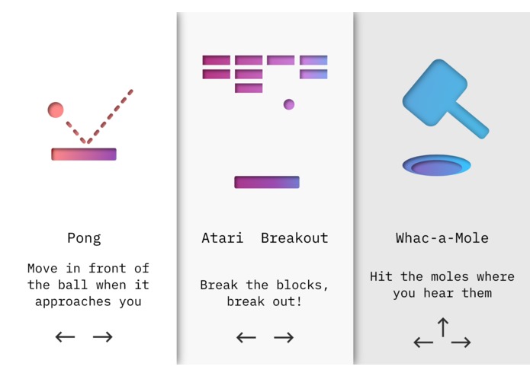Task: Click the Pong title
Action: click(x=84, y=238)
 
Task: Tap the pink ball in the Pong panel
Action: click(x=56, y=110)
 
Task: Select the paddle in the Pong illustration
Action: click(x=84, y=154)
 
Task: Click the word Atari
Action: click(x=223, y=238)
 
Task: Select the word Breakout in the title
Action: click(x=294, y=238)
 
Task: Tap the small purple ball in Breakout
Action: click(x=289, y=104)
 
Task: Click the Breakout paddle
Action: click(x=266, y=182)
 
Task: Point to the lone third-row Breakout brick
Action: click(x=249, y=88)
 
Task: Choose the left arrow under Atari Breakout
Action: click(x=246, y=337)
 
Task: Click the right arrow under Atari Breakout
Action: click(x=284, y=337)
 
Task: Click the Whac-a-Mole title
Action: click(x=442, y=238)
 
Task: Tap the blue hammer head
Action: click(x=432, y=92)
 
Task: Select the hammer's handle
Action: click(x=470, y=122)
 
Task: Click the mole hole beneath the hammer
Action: click(x=436, y=165)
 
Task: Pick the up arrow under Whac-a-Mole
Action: click(x=442, y=327)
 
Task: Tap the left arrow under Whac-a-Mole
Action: click(x=423, y=343)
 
